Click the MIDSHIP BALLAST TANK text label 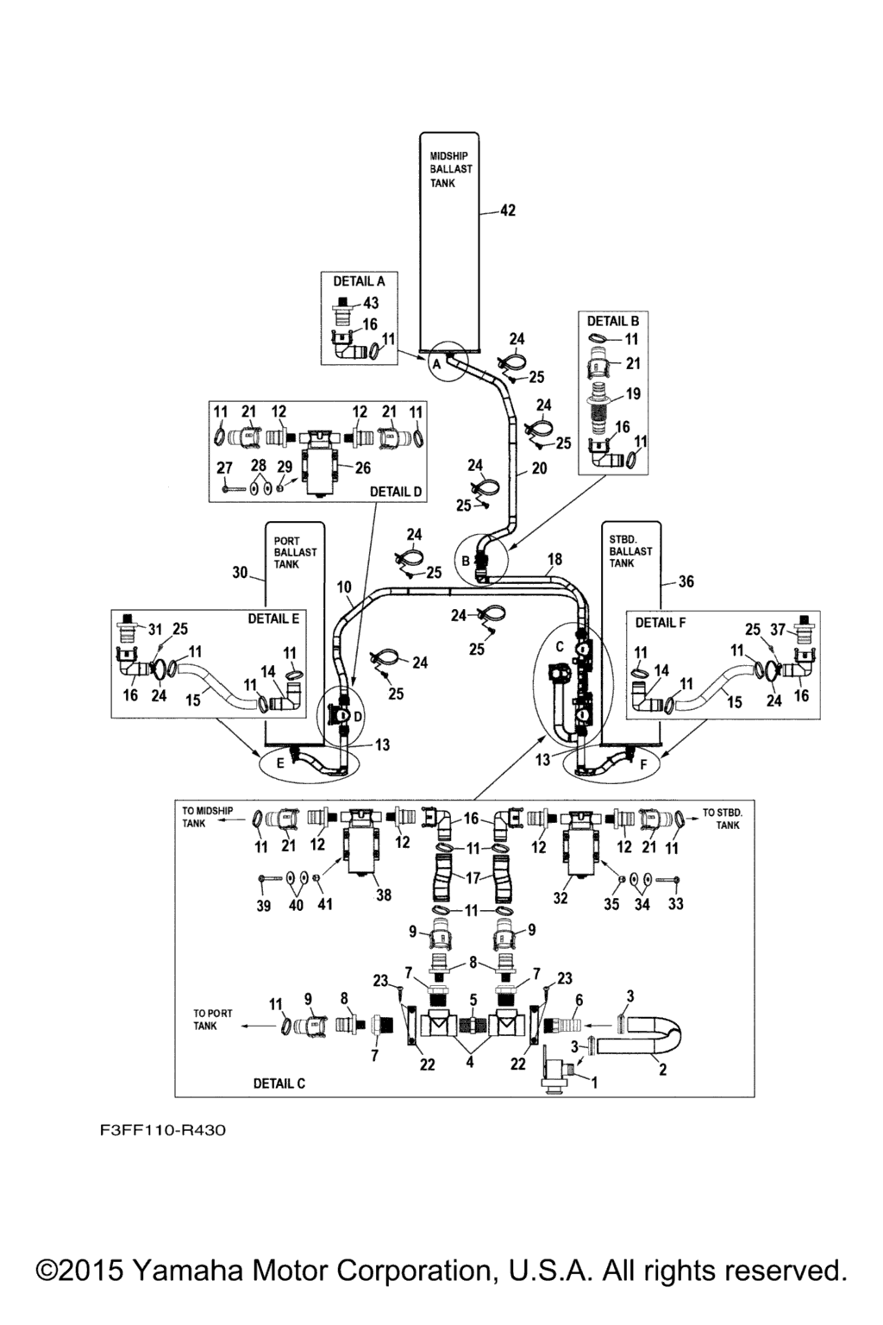tap(450, 169)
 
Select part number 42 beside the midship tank tap(508, 210)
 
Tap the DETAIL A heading tap(359, 281)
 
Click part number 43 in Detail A tap(371, 304)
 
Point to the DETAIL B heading tap(613, 321)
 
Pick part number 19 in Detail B tap(633, 394)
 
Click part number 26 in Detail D tap(362, 468)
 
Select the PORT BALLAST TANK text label tap(294, 552)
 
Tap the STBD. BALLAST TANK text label tap(630, 551)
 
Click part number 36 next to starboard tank tap(686, 581)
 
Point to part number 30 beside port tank tap(240, 572)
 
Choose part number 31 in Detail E tap(154, 629)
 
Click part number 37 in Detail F tap(777, 629)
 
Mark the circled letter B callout tap(466, 561)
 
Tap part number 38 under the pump tap(383, 895)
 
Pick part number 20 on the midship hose tap(539, 468)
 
